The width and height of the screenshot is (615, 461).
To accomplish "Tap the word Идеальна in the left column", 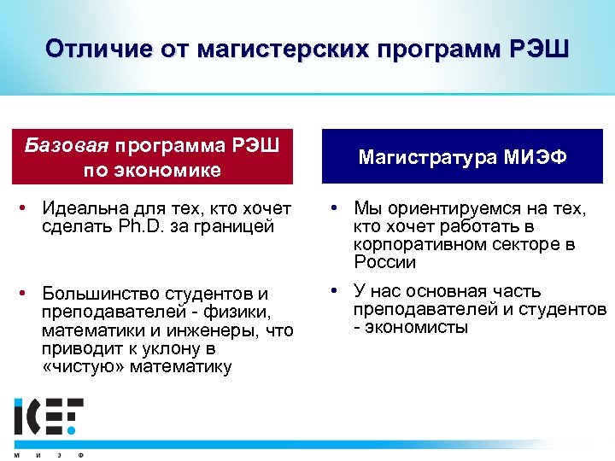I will pyautogui.click(x=81, y=208).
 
